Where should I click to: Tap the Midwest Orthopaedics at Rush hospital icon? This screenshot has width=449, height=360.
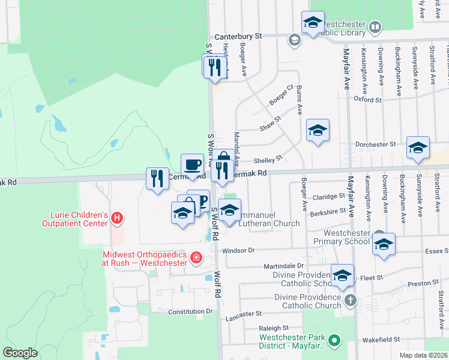coord(195,259)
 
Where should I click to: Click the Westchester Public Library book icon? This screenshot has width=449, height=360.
coord(375,27)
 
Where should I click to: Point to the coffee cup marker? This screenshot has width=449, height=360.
coord(193,164)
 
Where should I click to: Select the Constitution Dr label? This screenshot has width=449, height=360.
coord(191,311)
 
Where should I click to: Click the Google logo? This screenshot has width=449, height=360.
coord(20,352)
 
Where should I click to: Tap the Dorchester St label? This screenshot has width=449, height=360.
coord(375,145)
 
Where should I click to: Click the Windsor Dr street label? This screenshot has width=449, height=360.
coord(238,250)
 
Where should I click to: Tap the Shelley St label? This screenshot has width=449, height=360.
coord(267,160)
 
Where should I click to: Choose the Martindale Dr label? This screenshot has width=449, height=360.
coord(285,266)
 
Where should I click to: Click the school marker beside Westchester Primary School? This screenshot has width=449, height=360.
coord(384,244)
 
